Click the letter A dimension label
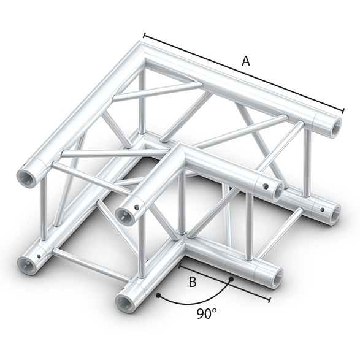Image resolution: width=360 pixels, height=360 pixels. (x=246, y=61)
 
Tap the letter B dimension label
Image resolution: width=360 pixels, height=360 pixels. (x=192, y=282)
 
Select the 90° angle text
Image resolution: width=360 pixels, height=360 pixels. (x=207, y=314)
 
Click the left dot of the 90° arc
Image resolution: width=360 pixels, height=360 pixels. (x=158, y=296)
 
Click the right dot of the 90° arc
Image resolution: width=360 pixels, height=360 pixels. (x=232, y=279)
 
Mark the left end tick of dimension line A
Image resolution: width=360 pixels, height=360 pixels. (x=144, y=34)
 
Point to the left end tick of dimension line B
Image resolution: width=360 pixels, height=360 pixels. (x=180, y=266)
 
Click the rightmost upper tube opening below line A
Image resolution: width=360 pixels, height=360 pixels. (x=335, y=127)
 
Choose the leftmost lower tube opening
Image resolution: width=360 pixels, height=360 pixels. (x=28, y=265)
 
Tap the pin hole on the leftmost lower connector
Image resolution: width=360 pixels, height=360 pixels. (x=40, y=256)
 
